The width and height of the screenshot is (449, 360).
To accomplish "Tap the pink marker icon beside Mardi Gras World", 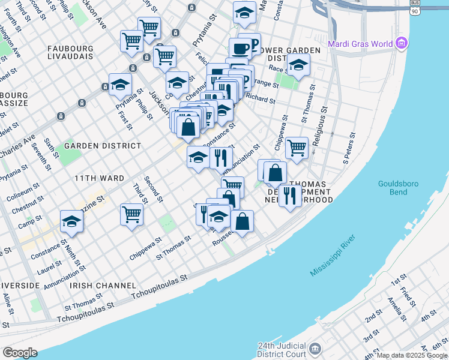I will pos(402,43).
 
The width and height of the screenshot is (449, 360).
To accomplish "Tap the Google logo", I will pos(20,353).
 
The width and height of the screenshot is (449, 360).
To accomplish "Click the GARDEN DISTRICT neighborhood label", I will pos(103,146).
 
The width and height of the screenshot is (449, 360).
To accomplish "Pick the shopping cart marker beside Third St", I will pos(131,214).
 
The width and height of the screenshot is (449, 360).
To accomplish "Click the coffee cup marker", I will pos(240,48).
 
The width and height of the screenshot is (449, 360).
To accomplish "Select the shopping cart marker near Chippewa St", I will pos(297,147).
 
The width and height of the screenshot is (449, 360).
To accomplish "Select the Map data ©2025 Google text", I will pos(412,355).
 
